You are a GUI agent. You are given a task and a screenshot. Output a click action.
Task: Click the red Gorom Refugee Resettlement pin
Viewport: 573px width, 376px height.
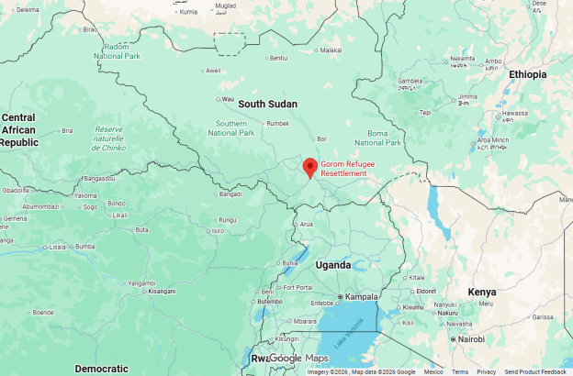point(310,168)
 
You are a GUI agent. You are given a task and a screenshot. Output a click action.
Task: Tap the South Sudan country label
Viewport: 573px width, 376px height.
point(268,105)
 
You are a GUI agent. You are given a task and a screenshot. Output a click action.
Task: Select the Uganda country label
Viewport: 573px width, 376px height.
point(333,265)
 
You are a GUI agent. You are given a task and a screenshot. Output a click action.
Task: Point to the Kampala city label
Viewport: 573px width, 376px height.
point(362,297)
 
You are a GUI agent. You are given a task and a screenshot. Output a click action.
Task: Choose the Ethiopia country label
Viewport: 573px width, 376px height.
point(527,74)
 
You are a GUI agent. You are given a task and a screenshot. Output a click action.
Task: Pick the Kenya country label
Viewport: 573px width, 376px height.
point(481,293)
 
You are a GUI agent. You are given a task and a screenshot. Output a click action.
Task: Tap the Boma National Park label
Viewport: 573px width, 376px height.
point(377,138)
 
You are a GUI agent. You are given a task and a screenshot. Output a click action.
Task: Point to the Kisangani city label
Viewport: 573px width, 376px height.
point(162,291)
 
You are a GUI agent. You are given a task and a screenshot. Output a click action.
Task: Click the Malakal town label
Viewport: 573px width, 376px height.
point(331,50)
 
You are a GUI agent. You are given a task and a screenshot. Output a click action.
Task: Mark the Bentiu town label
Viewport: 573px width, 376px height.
point(278,59)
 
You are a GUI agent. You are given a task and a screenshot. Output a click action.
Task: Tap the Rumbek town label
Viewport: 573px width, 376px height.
point(277,124)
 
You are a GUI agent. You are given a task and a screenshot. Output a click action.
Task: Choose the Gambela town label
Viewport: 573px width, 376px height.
point(410,81)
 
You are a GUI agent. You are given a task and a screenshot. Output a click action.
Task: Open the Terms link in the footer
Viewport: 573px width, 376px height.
point(459,371)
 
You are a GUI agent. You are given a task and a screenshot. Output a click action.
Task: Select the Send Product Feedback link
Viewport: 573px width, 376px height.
point(535,371)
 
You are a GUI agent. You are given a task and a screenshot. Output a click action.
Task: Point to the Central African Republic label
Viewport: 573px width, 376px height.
point(19,129)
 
